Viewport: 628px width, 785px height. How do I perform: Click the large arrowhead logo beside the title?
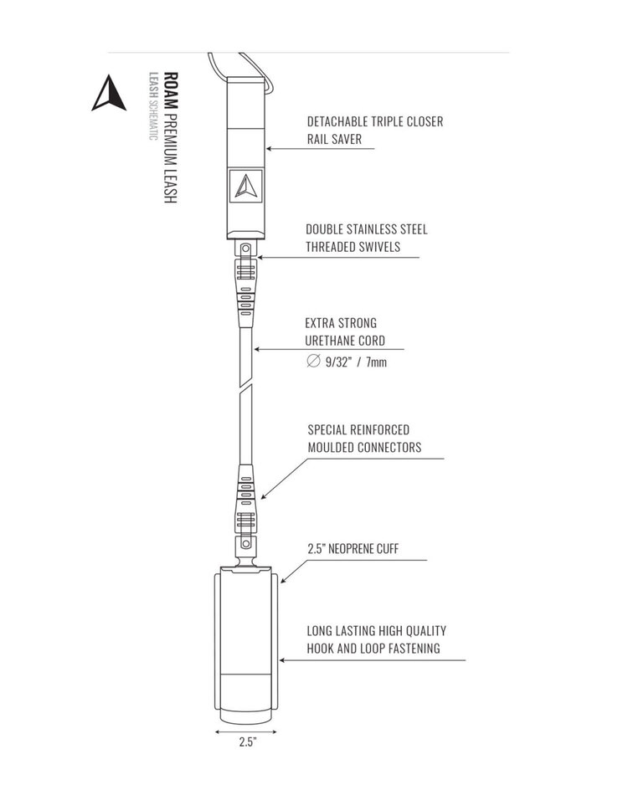(108, 93)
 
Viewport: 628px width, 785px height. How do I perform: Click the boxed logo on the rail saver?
(246, 186)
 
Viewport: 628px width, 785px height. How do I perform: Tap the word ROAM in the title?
(172, 90)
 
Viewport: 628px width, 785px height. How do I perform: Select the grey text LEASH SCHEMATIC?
(153, 106)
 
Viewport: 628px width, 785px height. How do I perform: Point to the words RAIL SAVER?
(335, 139)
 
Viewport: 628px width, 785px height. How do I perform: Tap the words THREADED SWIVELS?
(353, 247)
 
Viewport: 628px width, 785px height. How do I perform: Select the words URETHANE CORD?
(345, 341)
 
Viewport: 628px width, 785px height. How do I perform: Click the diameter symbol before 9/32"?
(313, 361)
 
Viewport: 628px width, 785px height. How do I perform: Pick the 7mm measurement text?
(376, 362)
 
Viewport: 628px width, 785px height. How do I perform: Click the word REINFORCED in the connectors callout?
(379, 430)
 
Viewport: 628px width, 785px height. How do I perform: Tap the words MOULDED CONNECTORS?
(364, 448)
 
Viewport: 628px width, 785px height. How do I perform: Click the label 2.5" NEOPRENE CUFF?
(353, 549)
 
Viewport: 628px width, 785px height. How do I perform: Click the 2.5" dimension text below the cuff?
(247, 742)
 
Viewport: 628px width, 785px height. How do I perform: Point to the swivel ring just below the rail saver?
(245, 249)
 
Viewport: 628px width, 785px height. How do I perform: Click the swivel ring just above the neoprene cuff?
(245, 543)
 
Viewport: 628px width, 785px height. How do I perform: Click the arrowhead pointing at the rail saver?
(269, 149)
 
